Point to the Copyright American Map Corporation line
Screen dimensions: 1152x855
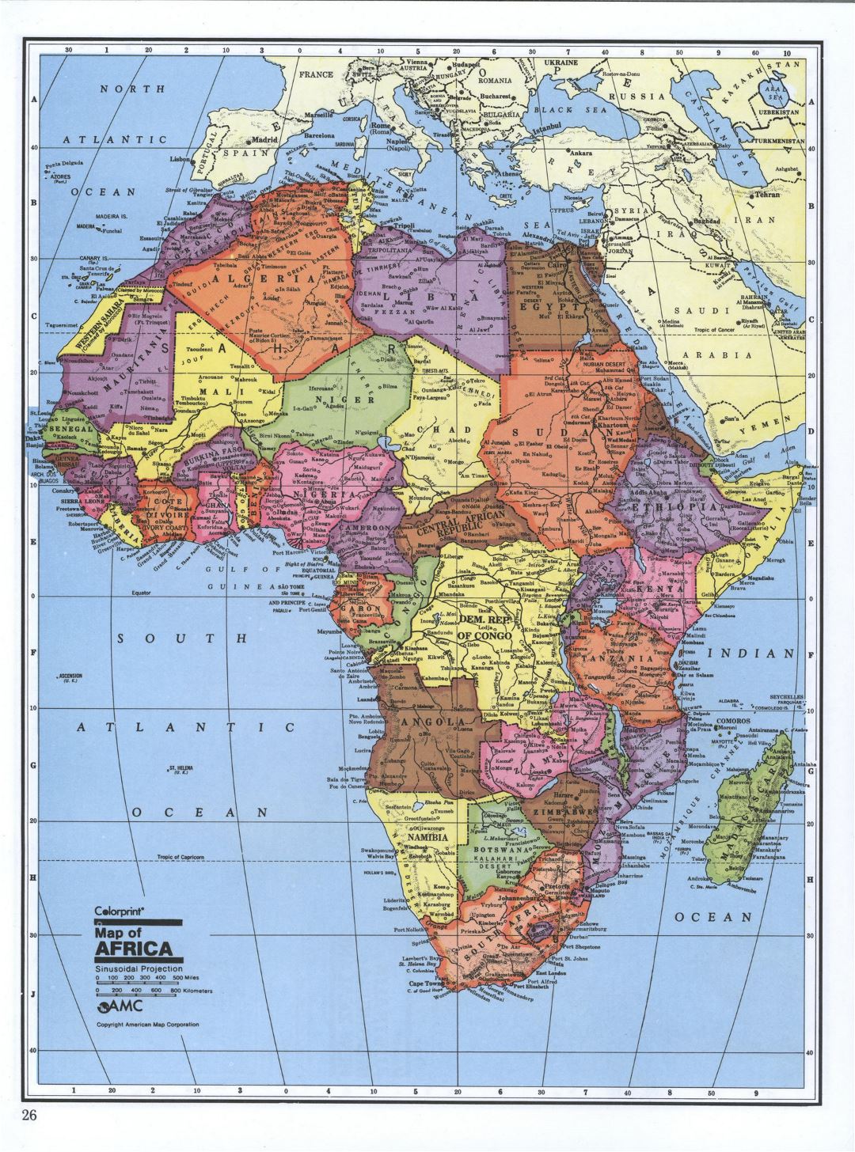[x=147, y=1024]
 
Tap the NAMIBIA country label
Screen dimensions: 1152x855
[x=427, y=836]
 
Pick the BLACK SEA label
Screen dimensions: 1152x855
[x=568, y=109]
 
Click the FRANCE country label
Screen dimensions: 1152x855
[x=317, y=75]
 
